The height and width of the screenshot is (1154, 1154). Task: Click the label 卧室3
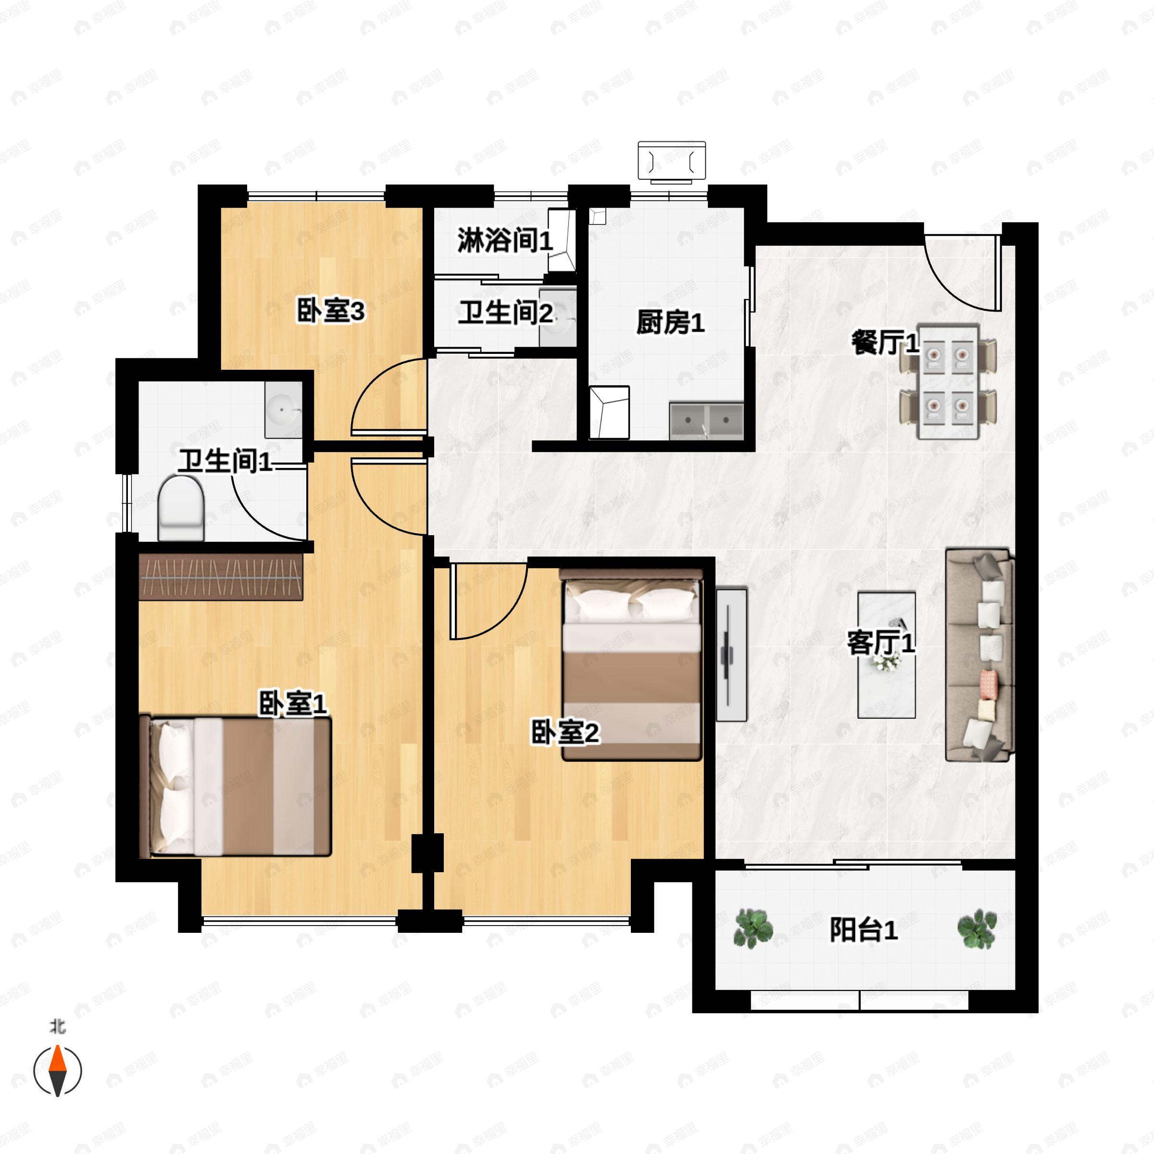[x=330, y=311]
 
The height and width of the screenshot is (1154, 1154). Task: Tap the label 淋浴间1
[x=505, y=241]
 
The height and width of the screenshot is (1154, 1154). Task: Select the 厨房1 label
[x=670, y=323]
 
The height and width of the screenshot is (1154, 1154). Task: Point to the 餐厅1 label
[x=884, y=343]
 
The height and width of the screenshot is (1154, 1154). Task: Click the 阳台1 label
[x=863, y=930]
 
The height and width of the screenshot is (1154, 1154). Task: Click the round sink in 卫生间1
[x=284, y=410]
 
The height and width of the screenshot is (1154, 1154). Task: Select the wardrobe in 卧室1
[x=221, y=577]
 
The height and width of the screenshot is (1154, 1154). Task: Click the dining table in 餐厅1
[x=948, y=382]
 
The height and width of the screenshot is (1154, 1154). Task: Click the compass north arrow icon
[x=57, y=1070]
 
